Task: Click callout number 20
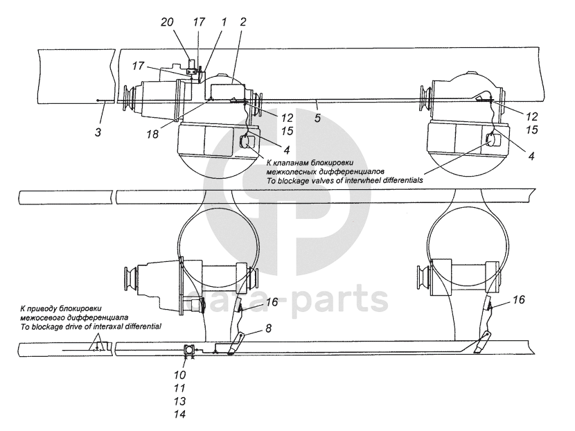[x=167, y=22]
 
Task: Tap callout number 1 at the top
[x=223, y=22]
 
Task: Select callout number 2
[x=242, y=22]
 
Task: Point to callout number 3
[x=98, y=132]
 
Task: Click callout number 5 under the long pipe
[x=317, y=118]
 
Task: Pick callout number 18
[x=152, y=134]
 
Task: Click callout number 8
[x=268, y=328]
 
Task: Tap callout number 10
[x=180, y=375]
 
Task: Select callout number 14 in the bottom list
[x=180, y=414]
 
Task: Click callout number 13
[x=180, y=401]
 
